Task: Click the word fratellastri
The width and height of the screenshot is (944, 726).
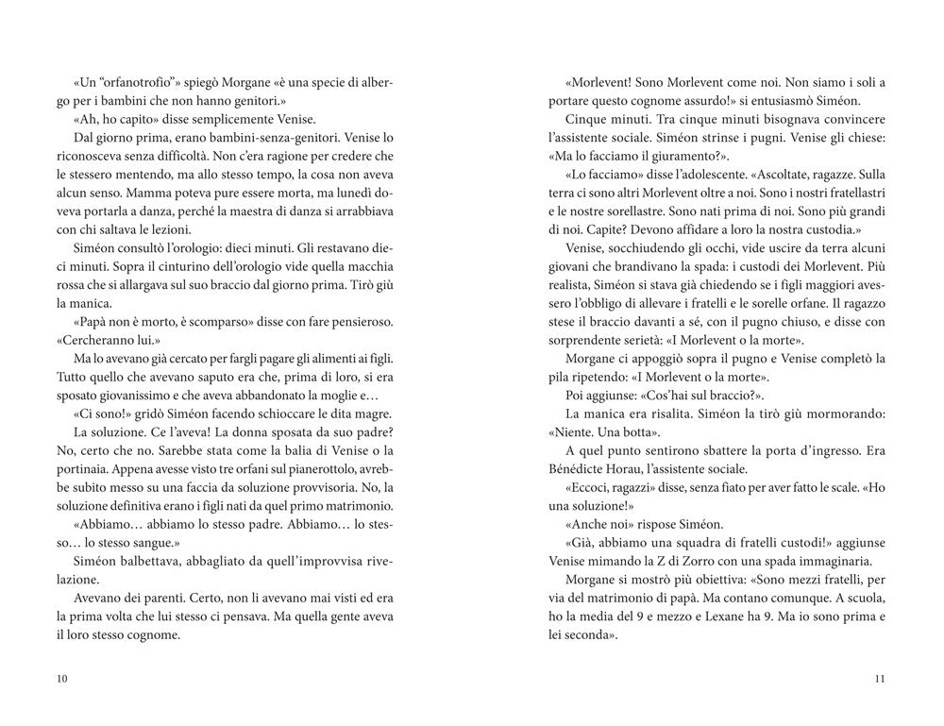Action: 845,194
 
